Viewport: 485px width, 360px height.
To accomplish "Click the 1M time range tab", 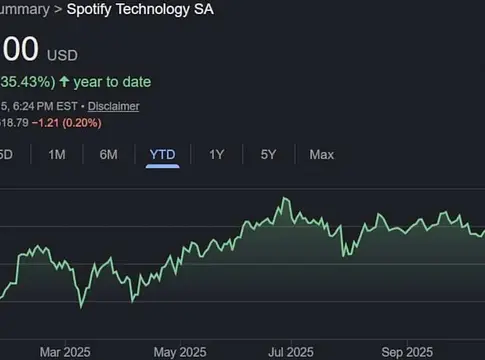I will [57, 154].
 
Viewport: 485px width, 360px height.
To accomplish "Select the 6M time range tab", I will [108, 154].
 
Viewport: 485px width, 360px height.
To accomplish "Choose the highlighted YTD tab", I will [161, 154].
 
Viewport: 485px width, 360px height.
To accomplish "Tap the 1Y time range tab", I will [216, 154].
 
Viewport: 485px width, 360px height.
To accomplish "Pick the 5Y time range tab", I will [268, 154].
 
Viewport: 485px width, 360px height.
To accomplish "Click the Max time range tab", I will [321, 154].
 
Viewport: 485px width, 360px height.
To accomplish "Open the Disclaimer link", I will [113, 106].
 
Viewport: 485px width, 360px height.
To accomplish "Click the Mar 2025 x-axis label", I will [64, 352].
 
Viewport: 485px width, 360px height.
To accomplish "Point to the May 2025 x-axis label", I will [176, 352].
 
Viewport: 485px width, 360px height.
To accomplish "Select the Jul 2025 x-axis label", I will [290, 352].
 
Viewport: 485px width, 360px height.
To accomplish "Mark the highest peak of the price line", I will [284, 199].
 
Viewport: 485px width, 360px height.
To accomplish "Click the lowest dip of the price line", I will [80, 303].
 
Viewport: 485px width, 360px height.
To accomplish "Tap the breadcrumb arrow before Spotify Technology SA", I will [57, 9].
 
